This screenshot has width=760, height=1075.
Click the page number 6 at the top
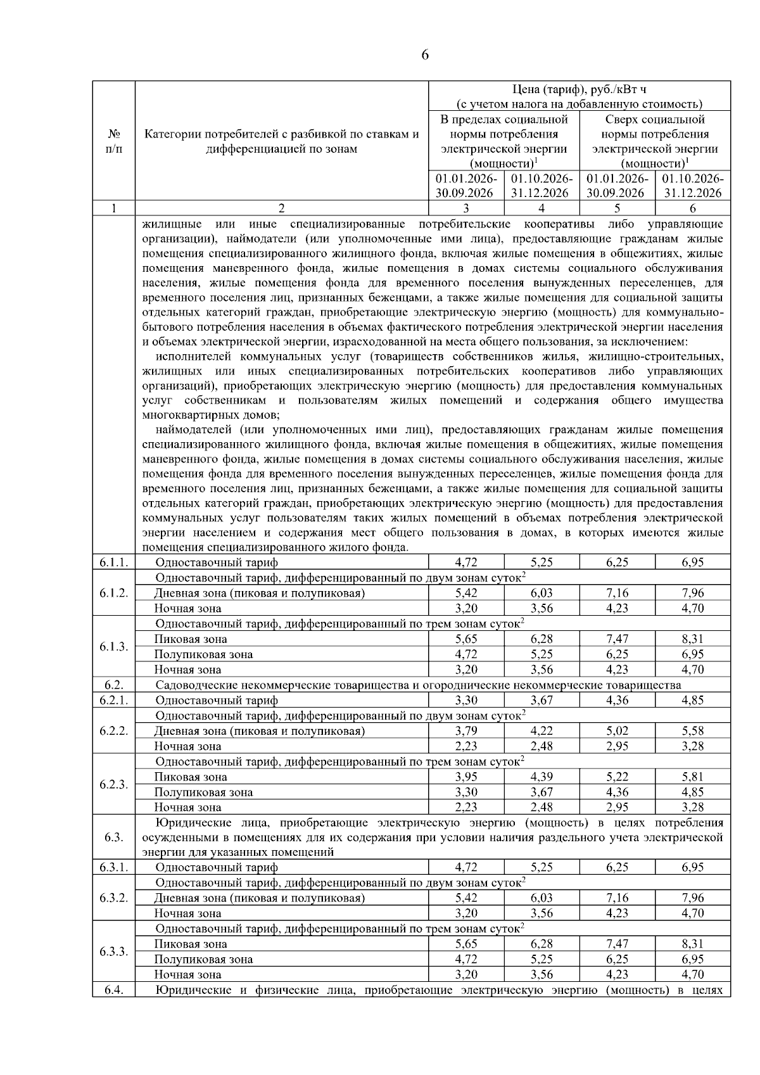(x=425, y=55)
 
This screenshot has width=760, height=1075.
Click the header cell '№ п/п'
(x=114, y=141)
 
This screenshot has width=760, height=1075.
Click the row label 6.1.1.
(x=114, y=562)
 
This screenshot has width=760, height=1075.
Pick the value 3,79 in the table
(x=466, y=731)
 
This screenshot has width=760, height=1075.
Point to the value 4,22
(x=541, y=731)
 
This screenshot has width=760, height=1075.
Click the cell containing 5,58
(x=692, y=731)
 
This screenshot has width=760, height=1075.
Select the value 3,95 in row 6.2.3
(x=466, y=777)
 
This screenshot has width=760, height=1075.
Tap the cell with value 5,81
(x=692, y=777)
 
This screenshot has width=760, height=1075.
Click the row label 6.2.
(x=114, y=685)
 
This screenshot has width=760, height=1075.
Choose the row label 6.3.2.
(x=114, y=898)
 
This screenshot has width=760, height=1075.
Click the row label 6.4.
(x=114, y=990)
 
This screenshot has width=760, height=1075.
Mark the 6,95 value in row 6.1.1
(x=692, y=562)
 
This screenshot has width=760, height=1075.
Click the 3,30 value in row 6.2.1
(x=466, y=700)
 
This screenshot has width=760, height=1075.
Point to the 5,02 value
(x=617, y=731)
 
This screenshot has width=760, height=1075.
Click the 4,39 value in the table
(x=541, y=777)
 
